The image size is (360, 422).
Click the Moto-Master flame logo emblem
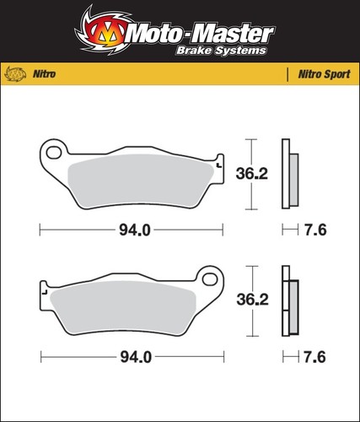[x=104, y=31]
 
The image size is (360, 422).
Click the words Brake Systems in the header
[x=221, y=51]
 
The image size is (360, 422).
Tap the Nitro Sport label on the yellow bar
[x=324, y=74]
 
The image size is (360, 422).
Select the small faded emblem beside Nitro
[x=16, y=74]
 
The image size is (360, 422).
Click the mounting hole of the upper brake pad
[x=54, y=153]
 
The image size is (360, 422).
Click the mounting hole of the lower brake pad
[x=209, y=279]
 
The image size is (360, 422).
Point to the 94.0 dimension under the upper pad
[x=135, y=230]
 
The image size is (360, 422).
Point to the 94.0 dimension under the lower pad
[x=136, y=357]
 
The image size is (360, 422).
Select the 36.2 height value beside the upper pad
[x=252, y=174]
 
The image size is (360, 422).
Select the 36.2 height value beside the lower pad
[x=252, y=300]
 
